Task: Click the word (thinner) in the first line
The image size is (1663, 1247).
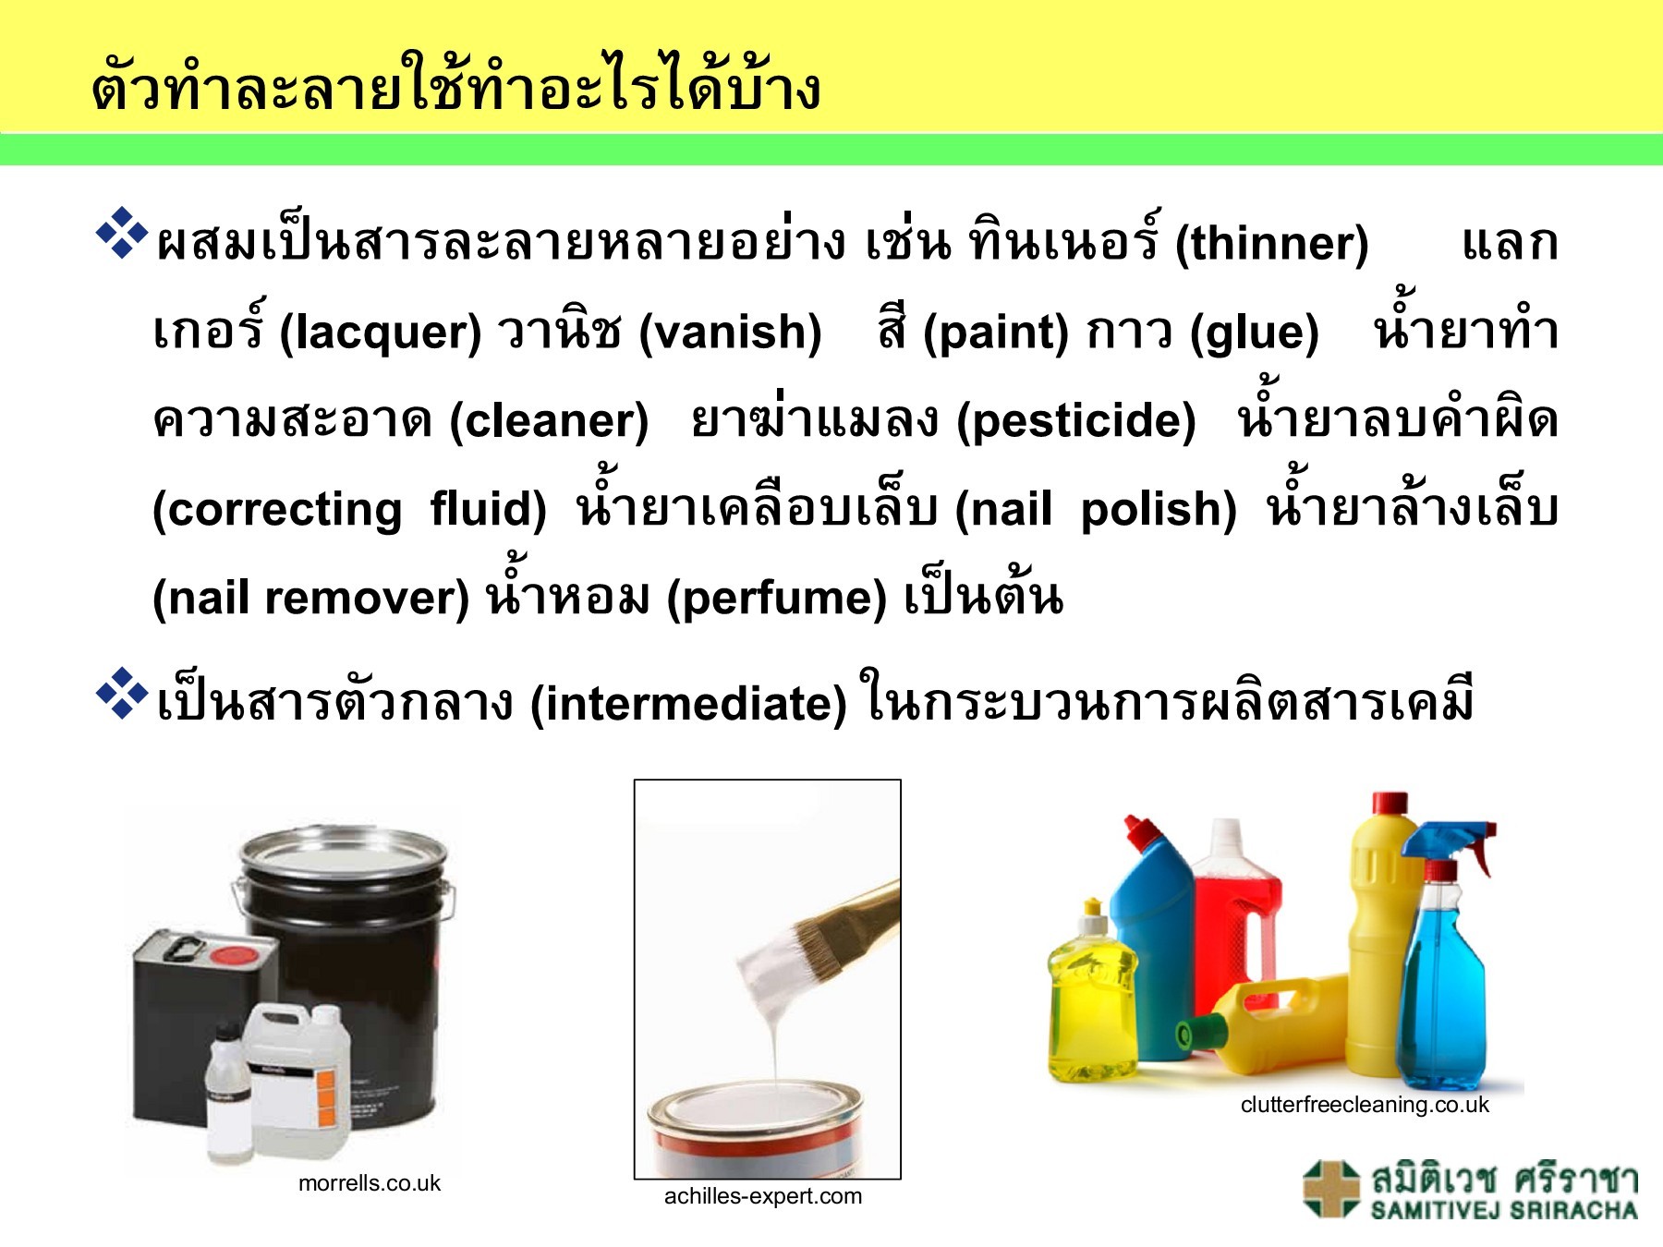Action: tap(1271, 244)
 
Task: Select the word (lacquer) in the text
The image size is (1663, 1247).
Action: tap(381, 333)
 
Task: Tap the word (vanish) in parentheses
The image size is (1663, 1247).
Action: tap(730, 333)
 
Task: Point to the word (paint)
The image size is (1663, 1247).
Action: tap(995, 333)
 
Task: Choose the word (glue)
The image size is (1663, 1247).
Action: tap(1254, 333)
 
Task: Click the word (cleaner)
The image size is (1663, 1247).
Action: tap(549, 421)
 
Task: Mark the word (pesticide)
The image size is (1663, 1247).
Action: tap(1075, 421)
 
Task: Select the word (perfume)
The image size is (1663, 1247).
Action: tap(776, 598)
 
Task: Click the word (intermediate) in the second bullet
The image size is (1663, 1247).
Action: tap(688, 704)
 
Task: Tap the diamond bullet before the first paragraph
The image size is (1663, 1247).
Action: tap(122, 235)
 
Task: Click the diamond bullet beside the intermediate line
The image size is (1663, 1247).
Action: tap(122, 694)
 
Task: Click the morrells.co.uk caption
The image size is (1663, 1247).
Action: tap(370, 1183)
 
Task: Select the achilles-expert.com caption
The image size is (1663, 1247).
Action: tap(763, 1196)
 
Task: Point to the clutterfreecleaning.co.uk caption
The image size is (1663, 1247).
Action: tap(1365, 1105)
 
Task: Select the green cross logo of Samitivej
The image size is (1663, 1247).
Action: tap(1331, 1189)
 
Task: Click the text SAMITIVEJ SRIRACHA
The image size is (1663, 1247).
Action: tap(1504, 1211)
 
